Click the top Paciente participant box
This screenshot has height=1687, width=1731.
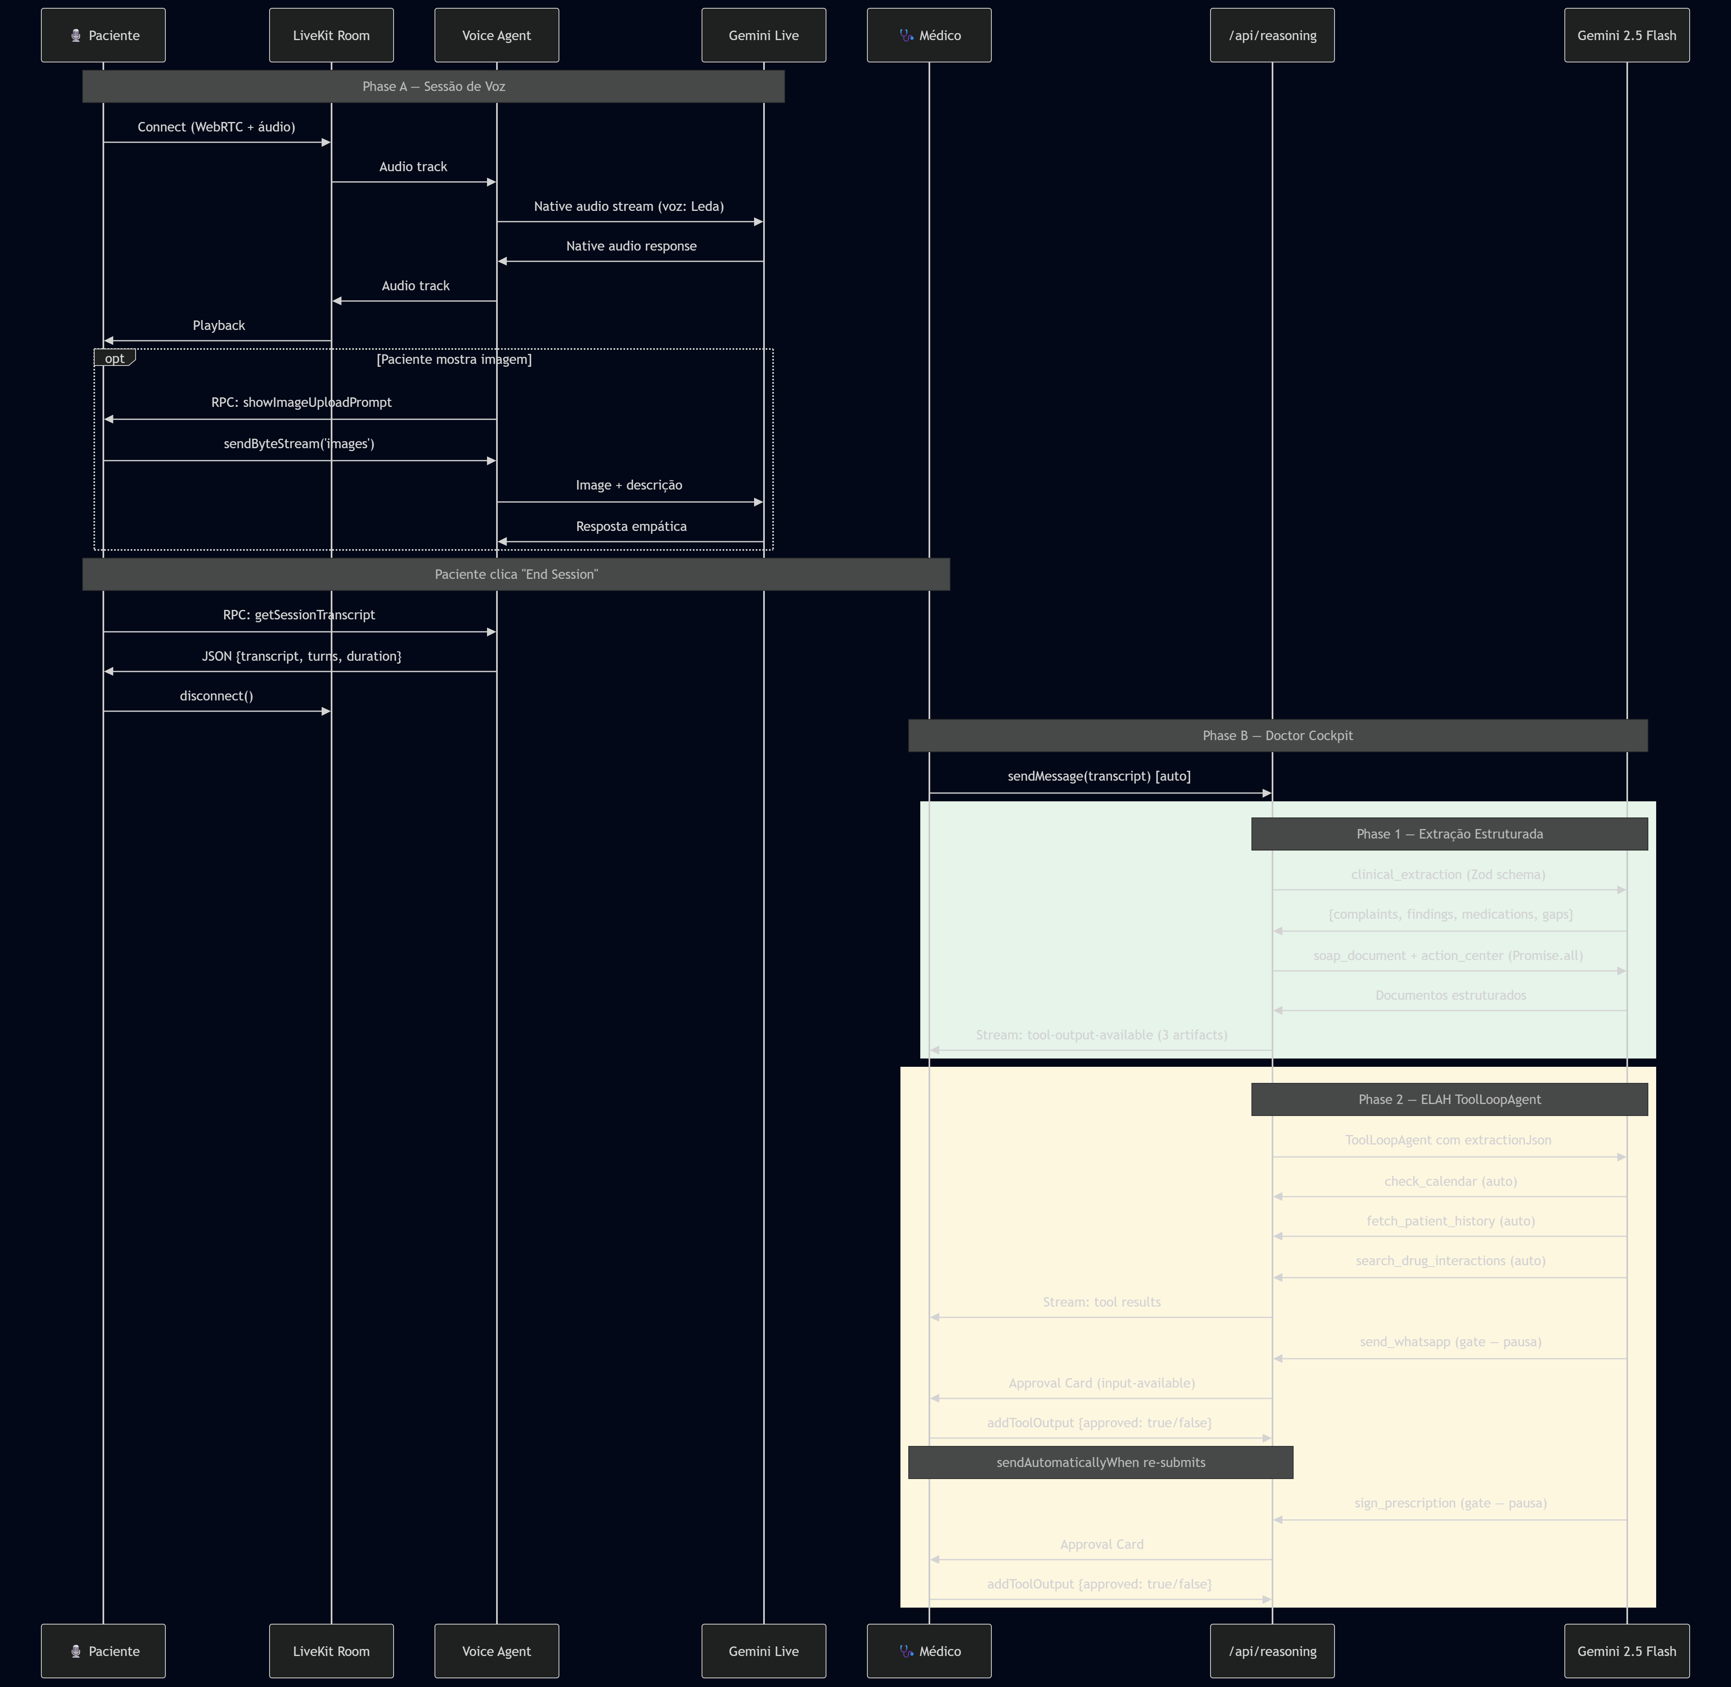103,36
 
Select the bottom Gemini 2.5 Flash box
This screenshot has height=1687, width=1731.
1626,1651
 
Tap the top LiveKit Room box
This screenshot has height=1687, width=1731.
331,36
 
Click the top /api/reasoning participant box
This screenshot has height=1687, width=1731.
1272,36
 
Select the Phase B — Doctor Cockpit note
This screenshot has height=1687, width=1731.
1277,736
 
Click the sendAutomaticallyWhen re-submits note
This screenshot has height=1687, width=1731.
1100,1462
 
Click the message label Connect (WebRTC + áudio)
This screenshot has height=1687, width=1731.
216,127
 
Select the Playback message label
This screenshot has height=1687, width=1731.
219,325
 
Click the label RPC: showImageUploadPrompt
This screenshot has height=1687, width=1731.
301,402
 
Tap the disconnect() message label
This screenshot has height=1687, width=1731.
216,695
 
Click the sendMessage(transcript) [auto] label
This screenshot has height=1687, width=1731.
1098,776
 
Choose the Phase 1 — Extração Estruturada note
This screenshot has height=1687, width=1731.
1449,834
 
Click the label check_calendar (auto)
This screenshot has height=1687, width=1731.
1450,1181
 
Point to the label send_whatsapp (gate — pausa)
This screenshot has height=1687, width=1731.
1450,1341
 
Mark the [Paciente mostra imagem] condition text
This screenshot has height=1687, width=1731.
454,359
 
